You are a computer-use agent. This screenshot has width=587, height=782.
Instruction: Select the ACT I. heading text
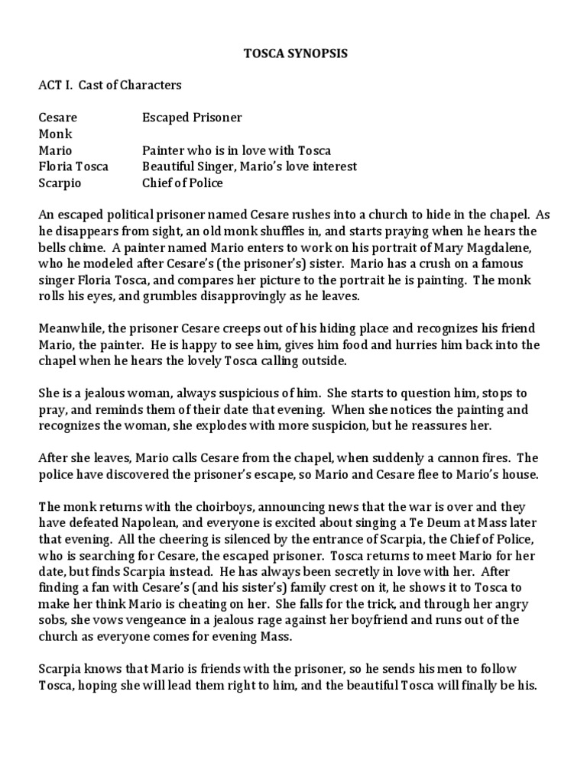(x=54, y=86)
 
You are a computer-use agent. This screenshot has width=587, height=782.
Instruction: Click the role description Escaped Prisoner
(x=192, y=118)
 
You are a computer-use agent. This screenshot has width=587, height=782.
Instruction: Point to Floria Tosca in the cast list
(x=73, y=167)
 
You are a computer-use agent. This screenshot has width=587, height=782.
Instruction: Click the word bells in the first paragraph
(x=53, y=247)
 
